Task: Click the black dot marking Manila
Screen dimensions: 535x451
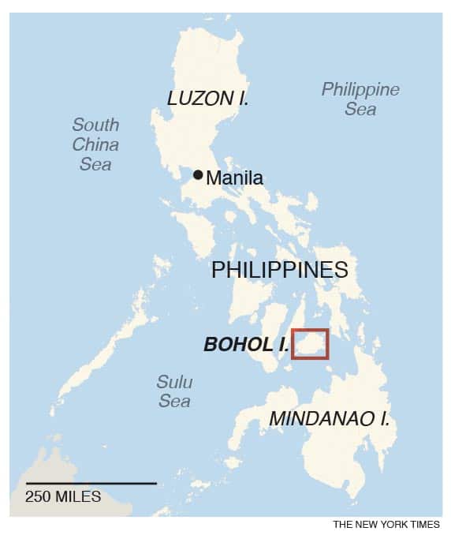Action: coord(198,174)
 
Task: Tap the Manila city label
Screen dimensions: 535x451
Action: coord(234,178)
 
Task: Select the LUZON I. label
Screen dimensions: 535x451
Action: coord(208,99)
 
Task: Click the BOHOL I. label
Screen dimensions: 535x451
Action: coord(244,345)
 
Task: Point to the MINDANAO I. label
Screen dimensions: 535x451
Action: coord(329,418)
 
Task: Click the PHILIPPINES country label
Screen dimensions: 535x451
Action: coord(280,270)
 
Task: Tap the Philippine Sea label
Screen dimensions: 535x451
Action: coord(360,99)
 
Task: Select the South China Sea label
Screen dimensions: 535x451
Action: coord(95,144)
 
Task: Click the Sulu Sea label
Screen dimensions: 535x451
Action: coord(174,391)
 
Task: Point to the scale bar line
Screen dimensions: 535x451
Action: coord(91,483)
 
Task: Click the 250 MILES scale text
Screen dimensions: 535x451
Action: coord(63,497)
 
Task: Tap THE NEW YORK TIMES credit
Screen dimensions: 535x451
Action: coord(386,524)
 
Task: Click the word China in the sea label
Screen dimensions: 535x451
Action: coord(95,144)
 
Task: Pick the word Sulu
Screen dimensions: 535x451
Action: coord(174,382)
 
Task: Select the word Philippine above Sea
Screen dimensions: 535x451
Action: coord(360,89)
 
